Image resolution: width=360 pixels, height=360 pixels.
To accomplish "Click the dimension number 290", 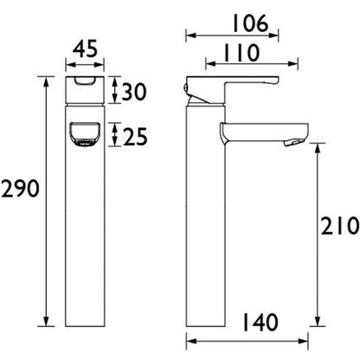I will [18, 189].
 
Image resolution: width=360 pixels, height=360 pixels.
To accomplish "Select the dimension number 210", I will [340, 227].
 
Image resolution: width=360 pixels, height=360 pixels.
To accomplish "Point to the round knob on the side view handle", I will [190, 88].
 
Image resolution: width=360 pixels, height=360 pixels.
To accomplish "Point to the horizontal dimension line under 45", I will [84, 62].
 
